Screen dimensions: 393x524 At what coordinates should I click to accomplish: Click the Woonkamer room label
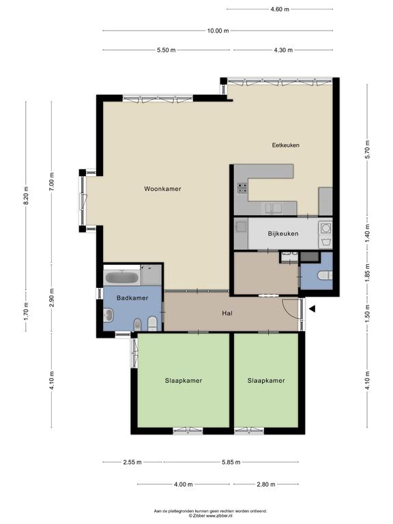(162, 189)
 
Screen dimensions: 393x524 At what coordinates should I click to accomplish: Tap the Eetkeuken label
(285, 145)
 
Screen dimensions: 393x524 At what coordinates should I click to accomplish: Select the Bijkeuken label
(283, 233)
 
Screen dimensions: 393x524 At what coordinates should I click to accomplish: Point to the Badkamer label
(132, 297)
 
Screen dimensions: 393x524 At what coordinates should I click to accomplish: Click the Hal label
(227, 313)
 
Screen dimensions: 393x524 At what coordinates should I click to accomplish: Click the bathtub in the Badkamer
(121, 278)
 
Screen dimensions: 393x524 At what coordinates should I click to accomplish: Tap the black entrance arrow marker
(312, 309)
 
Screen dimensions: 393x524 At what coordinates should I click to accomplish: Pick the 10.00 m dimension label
(218, 31)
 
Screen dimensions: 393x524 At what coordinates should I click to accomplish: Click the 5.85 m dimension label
(231, 462)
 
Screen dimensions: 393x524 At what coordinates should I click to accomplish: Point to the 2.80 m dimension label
(266, 484)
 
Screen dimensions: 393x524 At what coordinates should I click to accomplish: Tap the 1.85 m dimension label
(367, 273)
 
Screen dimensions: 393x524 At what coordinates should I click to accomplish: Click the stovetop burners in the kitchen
(242, 188)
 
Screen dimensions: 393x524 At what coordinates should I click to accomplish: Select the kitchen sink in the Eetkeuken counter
(274, 208)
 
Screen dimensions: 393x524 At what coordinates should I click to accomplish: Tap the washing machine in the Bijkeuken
(325, 229)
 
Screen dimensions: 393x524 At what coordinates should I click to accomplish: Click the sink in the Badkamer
(108, 315)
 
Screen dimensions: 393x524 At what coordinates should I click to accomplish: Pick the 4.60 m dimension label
(280, 10)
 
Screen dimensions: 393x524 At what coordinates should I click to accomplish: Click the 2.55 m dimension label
(132, 462)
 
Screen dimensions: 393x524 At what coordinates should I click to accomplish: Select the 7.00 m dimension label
(52, 182)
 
